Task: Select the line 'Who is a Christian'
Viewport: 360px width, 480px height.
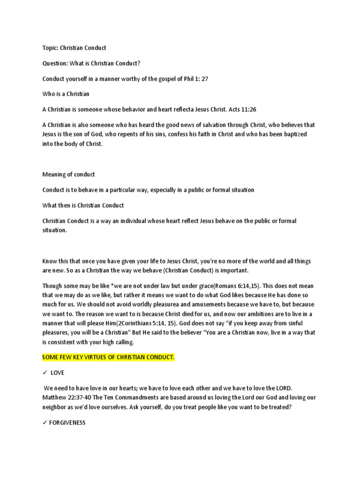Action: tap(66, 94)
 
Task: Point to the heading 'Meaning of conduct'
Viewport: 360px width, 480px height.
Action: tap(68, 174)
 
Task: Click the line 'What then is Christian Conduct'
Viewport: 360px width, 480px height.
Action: tap(83, 205)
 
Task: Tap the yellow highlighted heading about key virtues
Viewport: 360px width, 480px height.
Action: tap(108, 358)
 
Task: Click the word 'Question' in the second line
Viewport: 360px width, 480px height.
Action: tap(55, 63)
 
